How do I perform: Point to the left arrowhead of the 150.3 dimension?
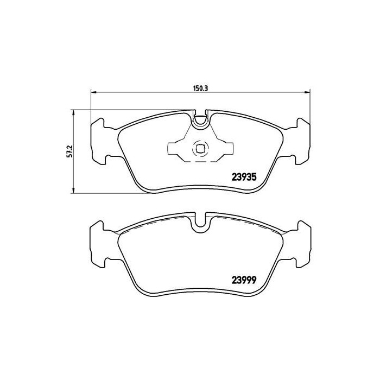click(x=92, y=91)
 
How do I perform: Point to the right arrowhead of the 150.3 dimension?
click(x=309, y=91)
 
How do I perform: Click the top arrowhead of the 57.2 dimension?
click(x=73, y=111)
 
